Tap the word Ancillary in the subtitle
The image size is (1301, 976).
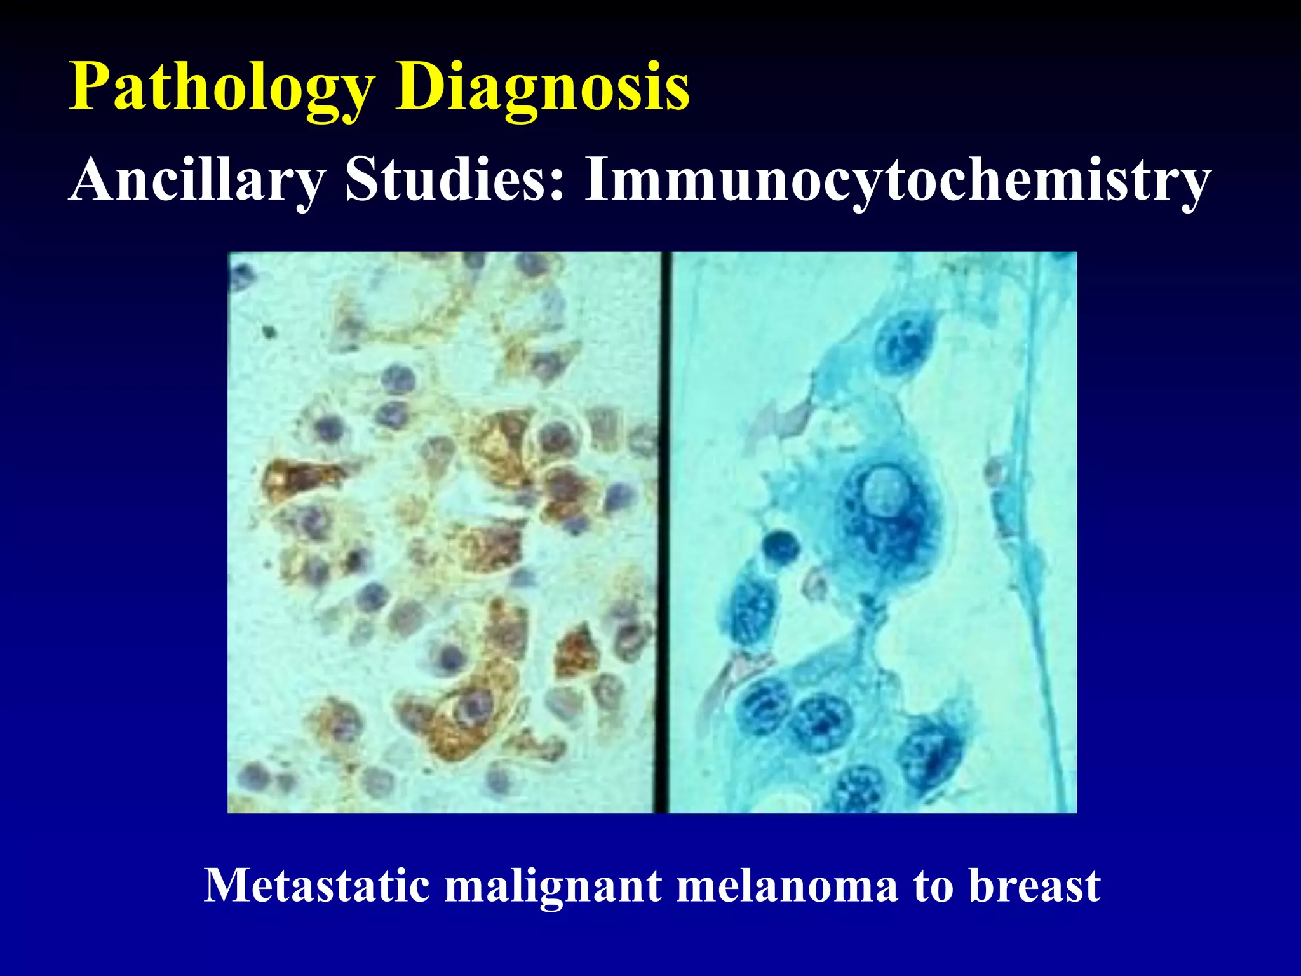[197, 180]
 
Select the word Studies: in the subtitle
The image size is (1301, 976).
[454, 180]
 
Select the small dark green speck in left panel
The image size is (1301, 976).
[269, 330]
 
